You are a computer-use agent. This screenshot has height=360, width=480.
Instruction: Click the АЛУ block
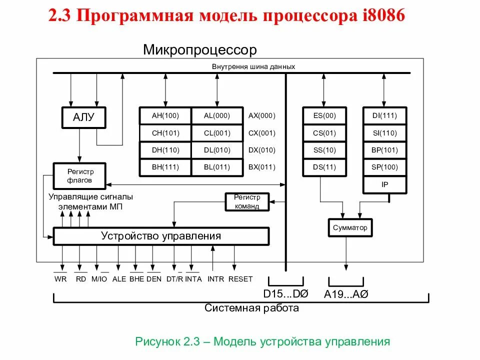pos(83,118)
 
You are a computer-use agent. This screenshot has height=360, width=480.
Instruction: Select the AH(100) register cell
pos(165,116)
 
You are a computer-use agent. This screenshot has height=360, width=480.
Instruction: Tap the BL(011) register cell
pos(217,167)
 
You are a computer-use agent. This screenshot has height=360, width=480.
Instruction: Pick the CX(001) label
pos(261,133)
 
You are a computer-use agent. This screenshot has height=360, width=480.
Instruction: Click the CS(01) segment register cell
pos(324,133)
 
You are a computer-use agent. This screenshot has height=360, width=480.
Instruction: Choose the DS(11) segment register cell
pos(324,167)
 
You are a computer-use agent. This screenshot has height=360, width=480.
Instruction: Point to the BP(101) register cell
pos(384,150)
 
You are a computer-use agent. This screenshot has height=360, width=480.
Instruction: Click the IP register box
pos(384,184)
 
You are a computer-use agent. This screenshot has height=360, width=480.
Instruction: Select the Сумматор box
pos(350,227)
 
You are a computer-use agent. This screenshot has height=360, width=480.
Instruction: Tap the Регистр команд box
pos(247,202)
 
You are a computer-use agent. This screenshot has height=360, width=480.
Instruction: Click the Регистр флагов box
pos(79,175)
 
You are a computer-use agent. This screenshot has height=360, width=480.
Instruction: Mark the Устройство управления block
pos(161,236)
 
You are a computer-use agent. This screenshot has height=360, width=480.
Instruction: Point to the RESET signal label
pos(240,279)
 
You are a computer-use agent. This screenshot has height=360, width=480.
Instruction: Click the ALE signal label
pos(119,279)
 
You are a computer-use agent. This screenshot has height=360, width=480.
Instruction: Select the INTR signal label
pos(216,279)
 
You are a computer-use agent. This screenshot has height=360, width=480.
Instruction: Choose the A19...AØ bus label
pos(346,294)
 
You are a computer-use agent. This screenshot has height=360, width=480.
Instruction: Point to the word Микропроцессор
pos(199,50)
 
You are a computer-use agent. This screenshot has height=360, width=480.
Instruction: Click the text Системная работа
pos(251,308)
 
